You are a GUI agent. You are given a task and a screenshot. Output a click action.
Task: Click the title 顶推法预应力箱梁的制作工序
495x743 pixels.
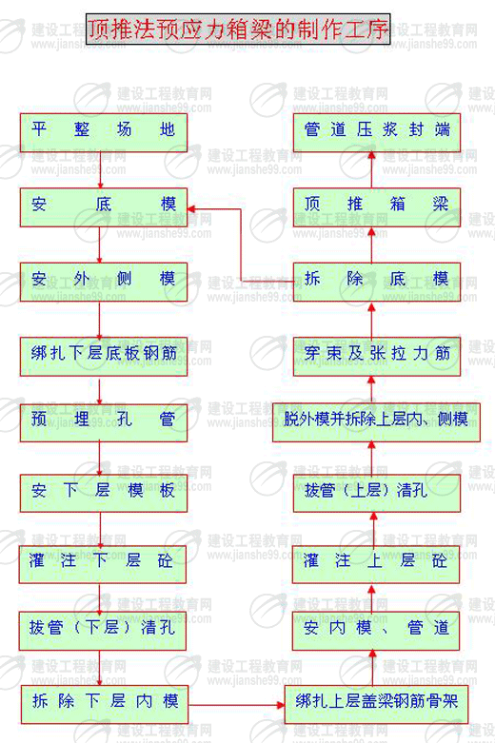coord(238,29)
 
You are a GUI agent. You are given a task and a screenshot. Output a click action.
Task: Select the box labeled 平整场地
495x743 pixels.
coord(104,132)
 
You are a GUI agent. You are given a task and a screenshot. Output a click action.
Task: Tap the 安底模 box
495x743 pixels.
coord(104,207)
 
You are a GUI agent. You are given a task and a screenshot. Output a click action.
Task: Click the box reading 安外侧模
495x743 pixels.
coord(104,282)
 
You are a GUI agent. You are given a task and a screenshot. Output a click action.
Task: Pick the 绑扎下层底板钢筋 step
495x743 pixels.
coord(104,357)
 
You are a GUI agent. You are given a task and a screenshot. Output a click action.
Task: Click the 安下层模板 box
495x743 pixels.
coord(104,493)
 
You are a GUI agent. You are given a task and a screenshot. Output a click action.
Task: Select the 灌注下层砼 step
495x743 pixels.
coord(103,564)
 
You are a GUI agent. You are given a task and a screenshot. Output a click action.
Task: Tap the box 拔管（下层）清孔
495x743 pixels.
coord(103,630)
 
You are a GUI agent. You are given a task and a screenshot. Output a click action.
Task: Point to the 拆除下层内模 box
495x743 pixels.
coord(105,704)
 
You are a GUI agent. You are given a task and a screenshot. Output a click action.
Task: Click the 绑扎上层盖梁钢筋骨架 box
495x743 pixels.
coord(376,704)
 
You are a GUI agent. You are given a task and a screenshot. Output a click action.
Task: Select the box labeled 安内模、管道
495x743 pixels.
coord(376,630)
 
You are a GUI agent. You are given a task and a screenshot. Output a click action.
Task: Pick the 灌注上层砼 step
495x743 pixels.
coord(376,564)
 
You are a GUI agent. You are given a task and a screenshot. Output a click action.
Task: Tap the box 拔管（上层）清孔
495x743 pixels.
coord(377,493)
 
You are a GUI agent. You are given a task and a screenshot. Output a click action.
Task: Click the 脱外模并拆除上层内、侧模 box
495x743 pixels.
coord(376,422)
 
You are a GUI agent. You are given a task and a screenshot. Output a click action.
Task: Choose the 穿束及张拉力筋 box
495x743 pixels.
coord(377,357)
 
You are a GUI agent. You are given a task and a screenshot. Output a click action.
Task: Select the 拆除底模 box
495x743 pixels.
coord(377,282)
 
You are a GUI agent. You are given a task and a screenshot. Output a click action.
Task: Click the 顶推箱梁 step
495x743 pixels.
coord(377,207)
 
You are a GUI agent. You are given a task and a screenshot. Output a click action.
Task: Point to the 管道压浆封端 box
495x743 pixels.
coord(377,132)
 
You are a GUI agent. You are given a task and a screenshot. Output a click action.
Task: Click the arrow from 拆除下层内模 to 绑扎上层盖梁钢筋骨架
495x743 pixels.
coord(236,705)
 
